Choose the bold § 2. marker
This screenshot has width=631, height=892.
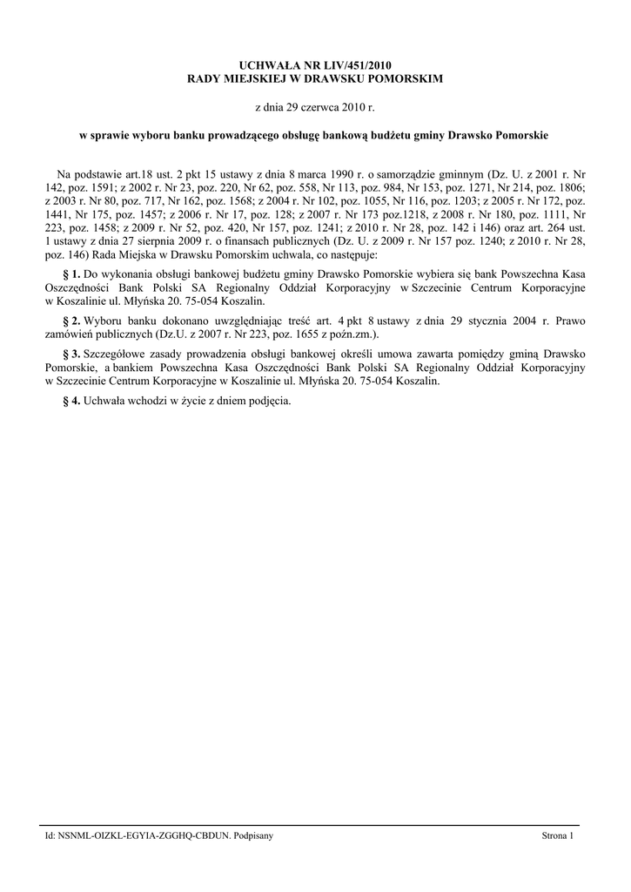pos(72,320)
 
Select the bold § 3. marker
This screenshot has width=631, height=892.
pos(72,354)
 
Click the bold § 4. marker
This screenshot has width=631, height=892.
pos(72,401)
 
